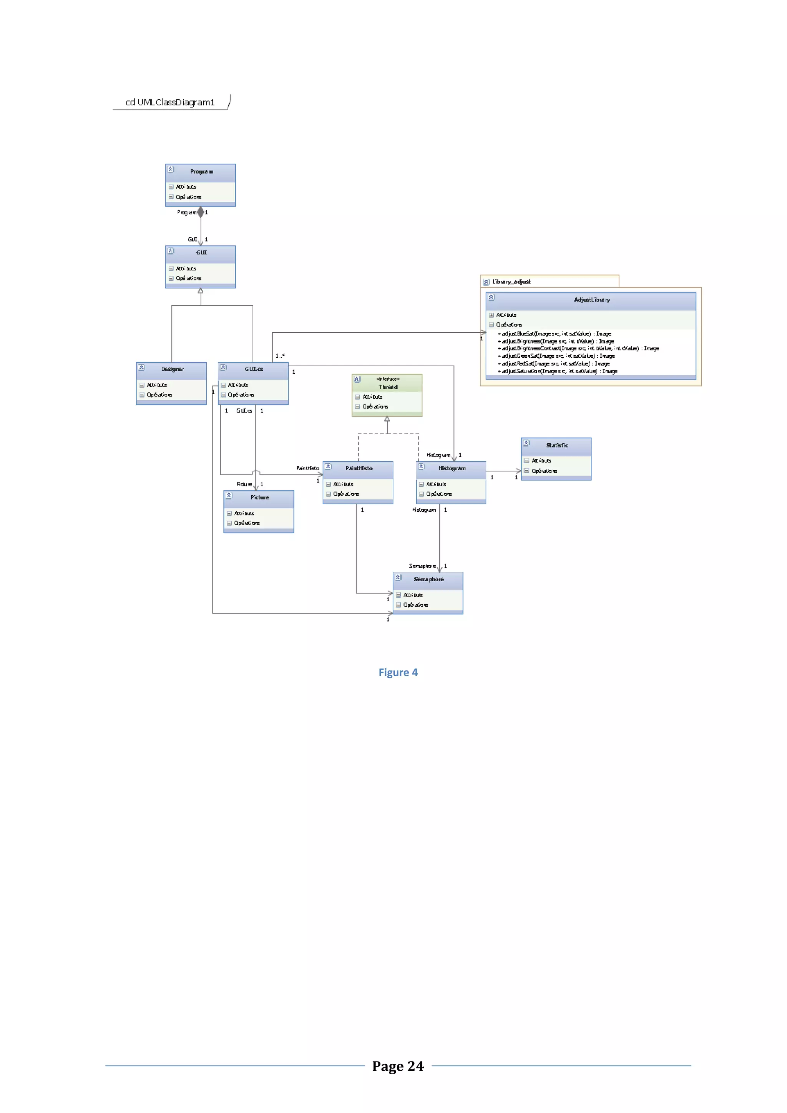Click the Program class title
201,172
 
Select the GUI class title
201,252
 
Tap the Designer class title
173,369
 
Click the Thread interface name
388,387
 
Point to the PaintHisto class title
359,468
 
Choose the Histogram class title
452,468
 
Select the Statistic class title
557,445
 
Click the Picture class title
260,498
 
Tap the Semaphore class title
428,579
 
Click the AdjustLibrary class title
591,300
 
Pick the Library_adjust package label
511,282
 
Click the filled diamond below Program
201,212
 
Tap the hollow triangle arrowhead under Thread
387,419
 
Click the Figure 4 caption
398,672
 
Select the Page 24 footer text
398,1066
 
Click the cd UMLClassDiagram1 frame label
170,102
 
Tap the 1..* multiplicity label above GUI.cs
280,356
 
